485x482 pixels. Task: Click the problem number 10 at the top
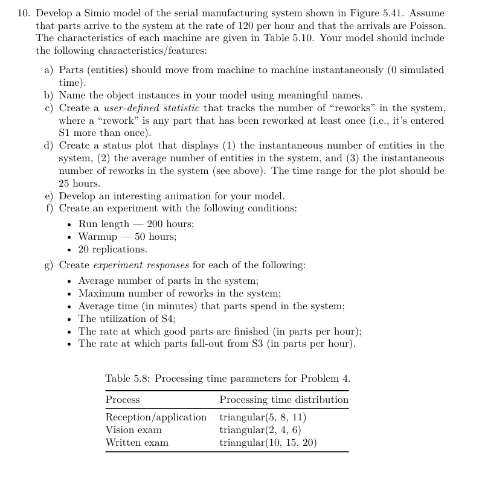point(23,13)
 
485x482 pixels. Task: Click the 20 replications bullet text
point(113,249)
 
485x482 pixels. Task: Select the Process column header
point(123,399)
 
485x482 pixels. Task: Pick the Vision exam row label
point(133,430)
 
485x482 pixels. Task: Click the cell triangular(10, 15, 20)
point(268,443)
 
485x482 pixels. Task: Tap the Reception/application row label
point(156,417)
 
